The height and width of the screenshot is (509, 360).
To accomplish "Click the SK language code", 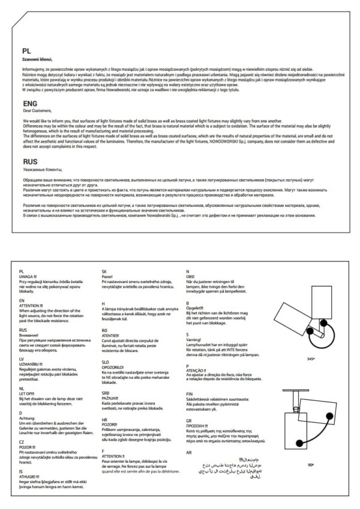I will point(104,271).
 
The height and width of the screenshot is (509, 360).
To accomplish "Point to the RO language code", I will point(105,330).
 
